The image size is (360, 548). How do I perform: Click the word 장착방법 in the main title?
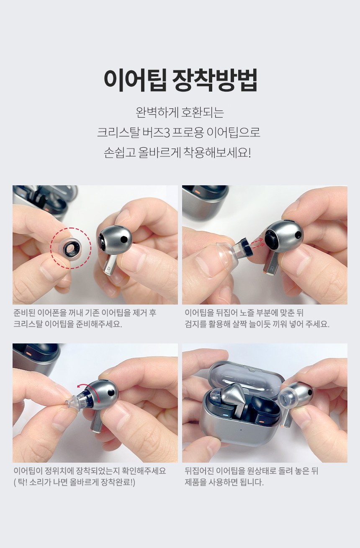coord(215,80)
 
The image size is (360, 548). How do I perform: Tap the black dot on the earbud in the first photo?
coord(124,238)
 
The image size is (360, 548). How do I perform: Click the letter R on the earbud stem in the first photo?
coord(109,270)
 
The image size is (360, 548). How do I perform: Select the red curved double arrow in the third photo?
coord(88,392)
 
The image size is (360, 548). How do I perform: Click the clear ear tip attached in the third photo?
coord(72,401)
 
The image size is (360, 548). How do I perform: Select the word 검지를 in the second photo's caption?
coord(196,324)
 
